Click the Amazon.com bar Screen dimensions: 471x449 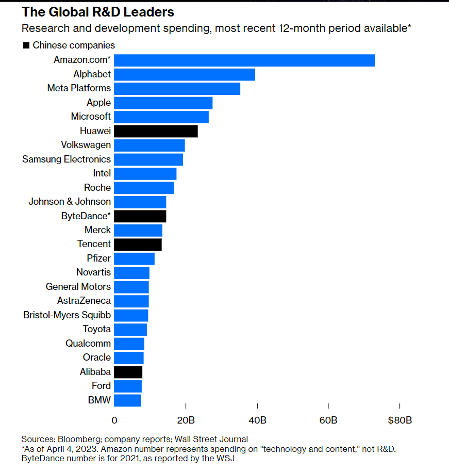[x=244, y=60]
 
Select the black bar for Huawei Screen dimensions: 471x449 [x=156, y=131]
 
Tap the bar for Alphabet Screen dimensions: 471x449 [x=185, y=74]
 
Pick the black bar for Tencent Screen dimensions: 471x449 [x=138, y=244]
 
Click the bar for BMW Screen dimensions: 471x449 [x=127, y=400]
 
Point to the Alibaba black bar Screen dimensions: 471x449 [x=128, y=372]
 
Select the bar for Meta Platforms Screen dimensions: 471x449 [x=177, y=88]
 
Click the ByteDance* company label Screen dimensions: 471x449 [x=86, y=216]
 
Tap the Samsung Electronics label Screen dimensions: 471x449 [x=66, y=159]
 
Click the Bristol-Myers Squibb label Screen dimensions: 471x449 [x=67, y=315]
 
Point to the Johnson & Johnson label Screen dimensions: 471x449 [x=70, y=201]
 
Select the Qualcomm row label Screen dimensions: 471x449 [x=88, y=343]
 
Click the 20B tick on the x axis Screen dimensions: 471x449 [x=186, y=420]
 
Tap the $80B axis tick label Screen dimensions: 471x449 [x=400, y=420]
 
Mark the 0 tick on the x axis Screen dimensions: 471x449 [x=114, y=420]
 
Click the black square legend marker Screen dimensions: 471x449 [x=26, y=46]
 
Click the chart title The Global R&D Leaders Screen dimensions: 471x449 [x=98, y=12]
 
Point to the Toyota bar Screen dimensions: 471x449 [x=130, y=329]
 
